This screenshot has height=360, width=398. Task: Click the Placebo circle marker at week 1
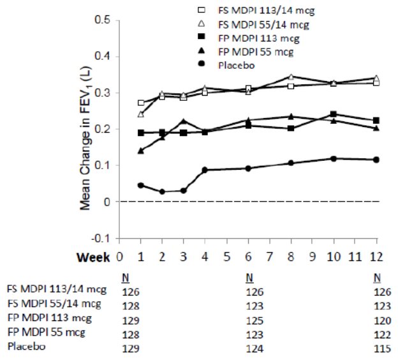141,185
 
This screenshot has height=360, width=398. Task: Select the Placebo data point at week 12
376,160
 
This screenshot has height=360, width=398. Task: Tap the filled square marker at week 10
334,114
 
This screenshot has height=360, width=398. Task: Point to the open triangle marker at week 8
291,77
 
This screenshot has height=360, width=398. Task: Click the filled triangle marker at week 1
141,151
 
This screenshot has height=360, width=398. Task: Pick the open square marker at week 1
141,102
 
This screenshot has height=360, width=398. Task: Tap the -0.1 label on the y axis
101,238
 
